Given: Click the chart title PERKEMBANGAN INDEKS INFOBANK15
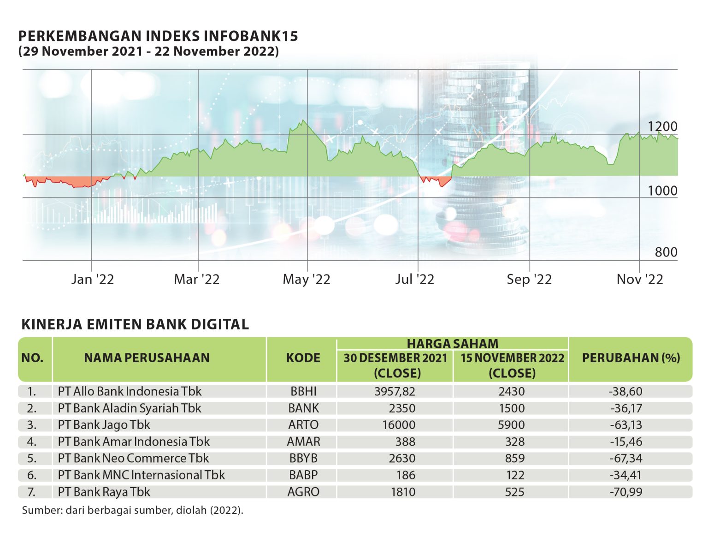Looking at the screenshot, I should pos(158,36).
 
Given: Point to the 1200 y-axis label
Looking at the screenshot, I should pos(662,126).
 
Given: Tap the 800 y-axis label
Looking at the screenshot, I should pos(666,252).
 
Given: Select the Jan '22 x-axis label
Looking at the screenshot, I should pos(92,279).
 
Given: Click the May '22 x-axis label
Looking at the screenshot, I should pos(307,279).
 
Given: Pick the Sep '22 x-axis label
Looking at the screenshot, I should pos(529,279).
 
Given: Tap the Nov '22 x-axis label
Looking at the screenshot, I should pos(640,279).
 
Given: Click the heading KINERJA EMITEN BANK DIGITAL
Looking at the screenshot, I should pos(135,324).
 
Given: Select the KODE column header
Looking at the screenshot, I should pos(303,358).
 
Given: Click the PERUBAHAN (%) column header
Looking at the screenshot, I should pos(631,358).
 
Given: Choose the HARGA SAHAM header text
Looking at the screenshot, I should pos(452,344).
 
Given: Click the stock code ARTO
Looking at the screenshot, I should pos(303,425).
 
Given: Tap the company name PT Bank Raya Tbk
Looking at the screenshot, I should pos(104,492).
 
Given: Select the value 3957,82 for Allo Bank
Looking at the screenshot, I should pos(395,391).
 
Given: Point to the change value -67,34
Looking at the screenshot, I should pos(625,458).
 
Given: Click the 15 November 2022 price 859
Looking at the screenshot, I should pos(514,458).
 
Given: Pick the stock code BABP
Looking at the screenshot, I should pos(303,475).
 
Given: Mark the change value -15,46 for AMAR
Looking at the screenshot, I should pos(625,442).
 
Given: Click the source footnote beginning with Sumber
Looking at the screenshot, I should pos(132,510).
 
